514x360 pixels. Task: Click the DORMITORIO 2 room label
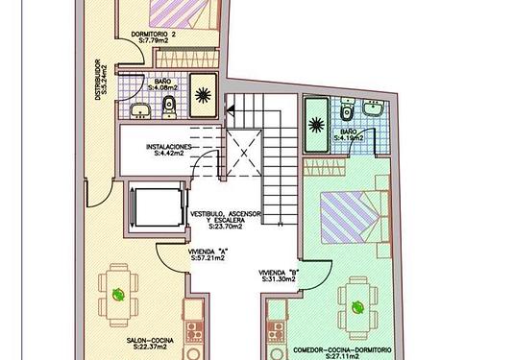(x=154, y=35)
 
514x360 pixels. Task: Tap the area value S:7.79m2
(x=154, y=41)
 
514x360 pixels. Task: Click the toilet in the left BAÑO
(x=169, y=108)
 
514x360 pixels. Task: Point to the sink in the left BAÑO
(x=140, y=111)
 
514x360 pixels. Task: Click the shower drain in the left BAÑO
(x=203, y=95)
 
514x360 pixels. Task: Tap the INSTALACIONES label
(x=168, y=147)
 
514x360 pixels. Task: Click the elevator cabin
(x=159, y=207)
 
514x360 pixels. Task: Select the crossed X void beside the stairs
(x=244, y=153)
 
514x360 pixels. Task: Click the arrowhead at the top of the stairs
(x=231, y=110)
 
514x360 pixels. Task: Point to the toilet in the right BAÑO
(x=346, y=109)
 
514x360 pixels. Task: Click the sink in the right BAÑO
(x=373, y=108)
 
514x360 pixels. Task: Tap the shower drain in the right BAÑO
(x=316, y=125)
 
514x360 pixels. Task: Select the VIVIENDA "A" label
(x=208, y=252)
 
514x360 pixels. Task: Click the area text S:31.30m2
(x=279, y=279)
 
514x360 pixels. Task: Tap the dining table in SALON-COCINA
(x=118, y=295)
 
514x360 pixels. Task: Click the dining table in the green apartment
(x=357, y=307)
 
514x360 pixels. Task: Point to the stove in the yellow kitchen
(x=194, y=330)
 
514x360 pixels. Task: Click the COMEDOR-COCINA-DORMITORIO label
(x=342, y=350)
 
